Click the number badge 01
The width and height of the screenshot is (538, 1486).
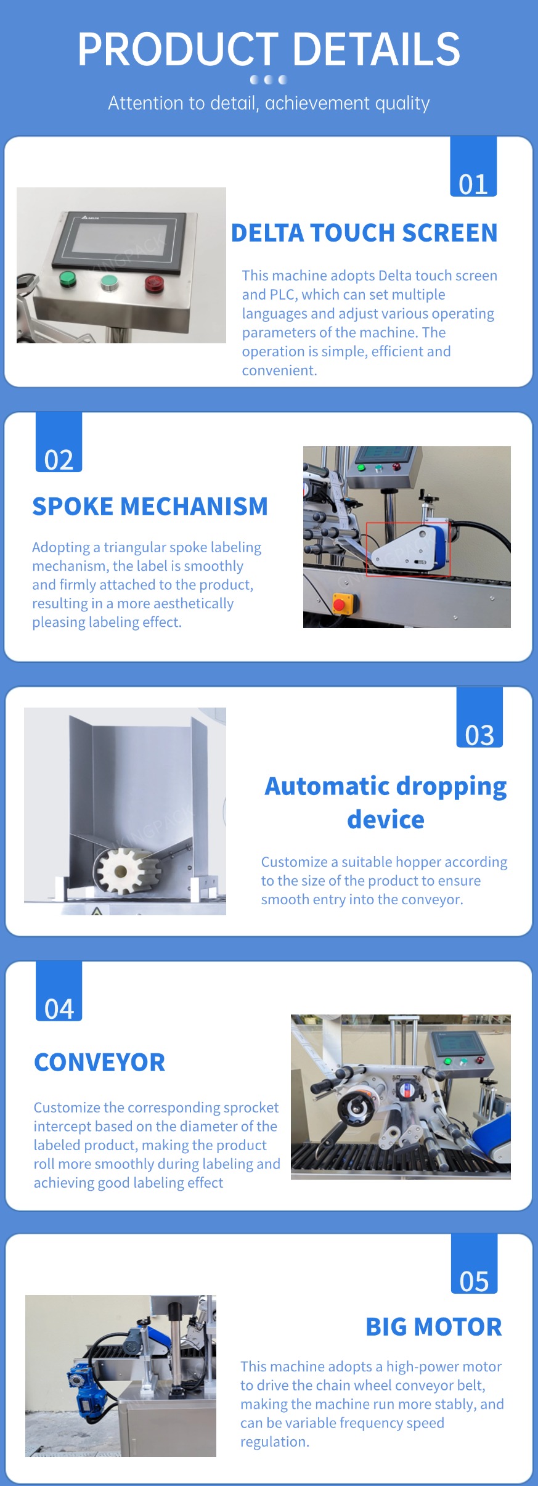(x=473, y=166)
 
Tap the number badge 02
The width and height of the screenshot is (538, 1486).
(x=59, y=442)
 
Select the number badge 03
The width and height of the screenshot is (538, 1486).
(x=479, y=717)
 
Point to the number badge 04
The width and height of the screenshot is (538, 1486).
(x=59, y=991)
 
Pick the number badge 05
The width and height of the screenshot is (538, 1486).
(x=474, y=1264)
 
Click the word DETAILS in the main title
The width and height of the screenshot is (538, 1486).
(x=376, y=50)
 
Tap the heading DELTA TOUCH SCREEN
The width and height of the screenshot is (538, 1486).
(x=364, y=233)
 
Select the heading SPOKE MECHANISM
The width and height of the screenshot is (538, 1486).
(x=150, y=507)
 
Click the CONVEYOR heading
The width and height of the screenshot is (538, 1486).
(x=100, y=1063)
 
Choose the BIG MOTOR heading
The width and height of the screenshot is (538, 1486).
(x=434, y=1327)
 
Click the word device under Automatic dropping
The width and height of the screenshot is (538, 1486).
(x=386, y=820)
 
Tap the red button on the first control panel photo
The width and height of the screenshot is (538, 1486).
(x=153, y=283)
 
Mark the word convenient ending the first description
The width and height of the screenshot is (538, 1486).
(x=279, y=370)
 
